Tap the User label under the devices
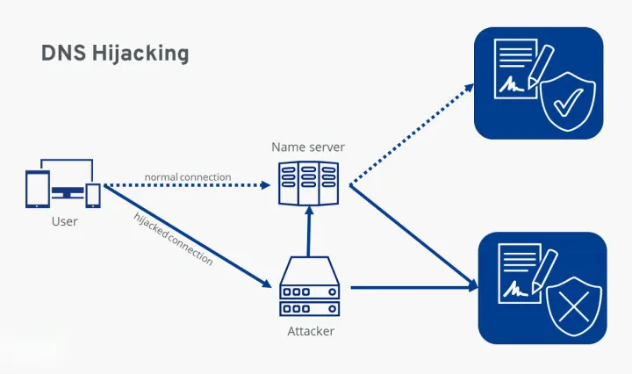pos(64,221)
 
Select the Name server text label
pos(308,147)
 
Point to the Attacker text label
pos(311,331)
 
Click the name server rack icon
pos(308,183)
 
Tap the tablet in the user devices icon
pos(38,190)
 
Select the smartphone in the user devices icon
pos(92,196)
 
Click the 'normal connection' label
pos(188,177)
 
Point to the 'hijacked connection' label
pos(174,238)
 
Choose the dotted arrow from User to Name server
pos(189,186)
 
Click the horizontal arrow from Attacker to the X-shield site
pos(413,286)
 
